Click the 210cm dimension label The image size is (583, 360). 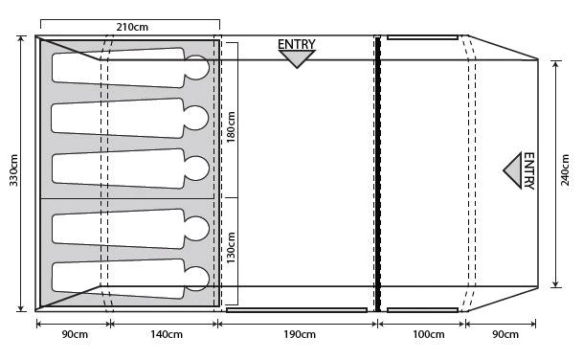[132, 27]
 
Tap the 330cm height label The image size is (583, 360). [13, 170]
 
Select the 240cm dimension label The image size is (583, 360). [565, 170]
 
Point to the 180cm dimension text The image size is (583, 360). [231, 127]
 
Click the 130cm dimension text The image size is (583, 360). [231, 248]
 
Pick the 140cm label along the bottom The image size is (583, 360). [167, 334]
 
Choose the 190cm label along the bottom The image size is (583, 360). [300, 334]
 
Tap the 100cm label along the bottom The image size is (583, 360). [429, 334]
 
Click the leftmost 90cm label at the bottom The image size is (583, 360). [75, 334]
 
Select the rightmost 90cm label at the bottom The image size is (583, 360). [505, 334]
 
